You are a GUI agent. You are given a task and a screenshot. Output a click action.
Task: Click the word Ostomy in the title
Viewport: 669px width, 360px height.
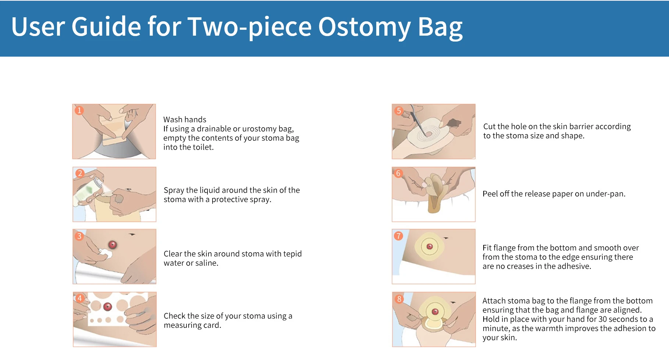(364, 27)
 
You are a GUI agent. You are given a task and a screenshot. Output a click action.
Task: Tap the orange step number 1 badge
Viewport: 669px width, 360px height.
(79, 110)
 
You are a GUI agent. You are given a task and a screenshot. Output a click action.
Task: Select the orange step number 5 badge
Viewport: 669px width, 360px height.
(399, 111)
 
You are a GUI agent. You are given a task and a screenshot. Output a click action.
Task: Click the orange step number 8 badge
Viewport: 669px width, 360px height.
(399, 299)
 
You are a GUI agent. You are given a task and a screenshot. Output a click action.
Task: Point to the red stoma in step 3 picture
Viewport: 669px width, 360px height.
(113, 245)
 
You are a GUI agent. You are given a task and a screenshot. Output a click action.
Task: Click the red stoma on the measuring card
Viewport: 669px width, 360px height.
(107, 306)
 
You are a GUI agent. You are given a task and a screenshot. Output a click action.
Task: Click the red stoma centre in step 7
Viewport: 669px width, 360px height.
(429, 246)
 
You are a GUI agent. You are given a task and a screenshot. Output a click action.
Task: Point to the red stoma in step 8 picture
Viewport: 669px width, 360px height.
(435, 312)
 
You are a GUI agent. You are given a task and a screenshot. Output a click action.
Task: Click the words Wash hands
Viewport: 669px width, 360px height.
(185, 120)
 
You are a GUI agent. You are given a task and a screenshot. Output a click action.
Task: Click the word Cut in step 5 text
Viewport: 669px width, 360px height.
(489, 126)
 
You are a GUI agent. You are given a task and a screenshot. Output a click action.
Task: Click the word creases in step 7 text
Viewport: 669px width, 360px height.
(520, 266)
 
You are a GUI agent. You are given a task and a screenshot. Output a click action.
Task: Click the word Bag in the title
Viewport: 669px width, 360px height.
(440, 27)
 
